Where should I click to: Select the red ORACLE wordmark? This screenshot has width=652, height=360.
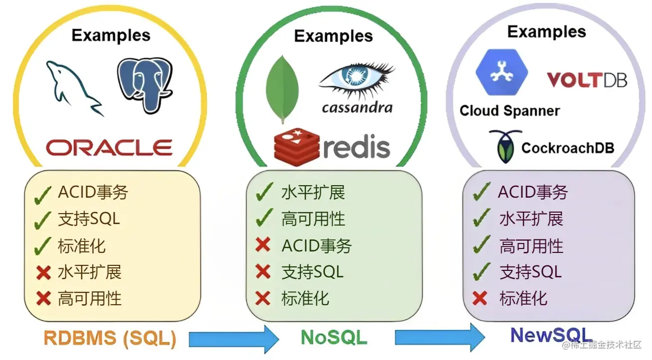109,147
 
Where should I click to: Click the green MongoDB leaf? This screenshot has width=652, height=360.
283,89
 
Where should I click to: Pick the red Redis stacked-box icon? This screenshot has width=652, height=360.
296,145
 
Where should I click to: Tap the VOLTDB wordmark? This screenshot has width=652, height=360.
587,80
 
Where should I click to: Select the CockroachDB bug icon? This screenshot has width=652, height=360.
504,146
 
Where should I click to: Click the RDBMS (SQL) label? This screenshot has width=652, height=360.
110,338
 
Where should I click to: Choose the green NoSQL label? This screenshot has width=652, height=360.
334,337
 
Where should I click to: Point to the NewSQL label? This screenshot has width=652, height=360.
551,335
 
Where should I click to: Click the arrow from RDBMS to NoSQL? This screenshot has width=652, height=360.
234,339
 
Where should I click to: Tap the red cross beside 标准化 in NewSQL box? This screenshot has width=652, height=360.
480,298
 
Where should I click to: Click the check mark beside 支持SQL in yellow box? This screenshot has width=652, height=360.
43,220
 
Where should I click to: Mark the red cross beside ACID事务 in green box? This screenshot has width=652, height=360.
262,245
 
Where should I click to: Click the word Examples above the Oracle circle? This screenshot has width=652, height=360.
111,35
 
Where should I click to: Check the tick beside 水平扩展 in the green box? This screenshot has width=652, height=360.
264,192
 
